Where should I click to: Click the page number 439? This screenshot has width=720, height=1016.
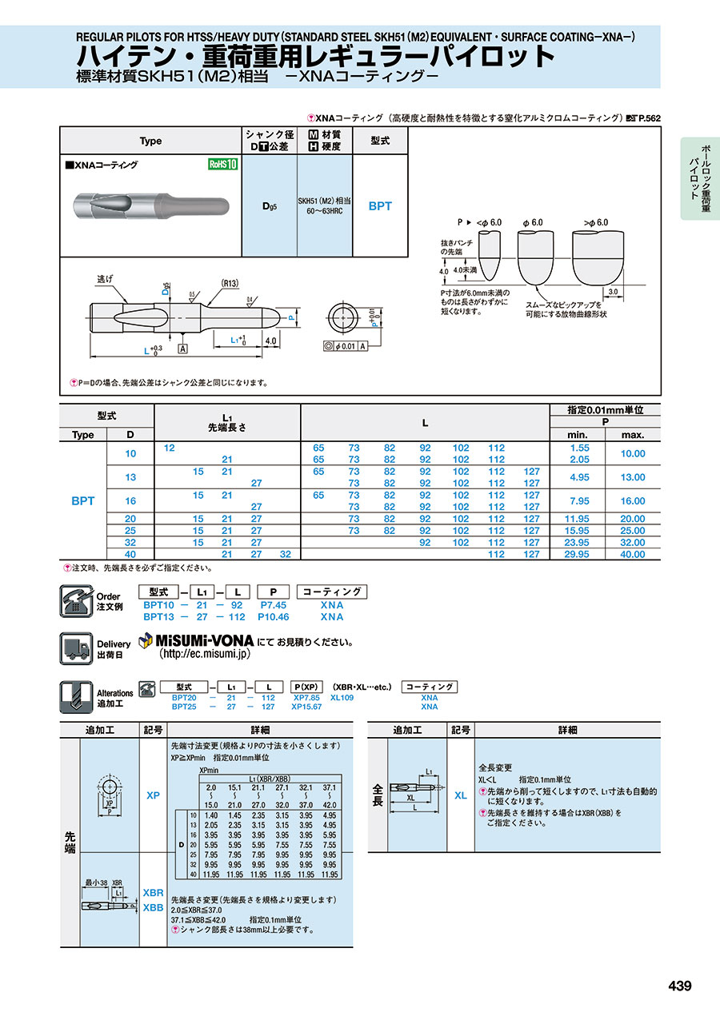coord(679,986)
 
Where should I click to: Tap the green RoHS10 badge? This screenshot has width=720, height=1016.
coord(223,165)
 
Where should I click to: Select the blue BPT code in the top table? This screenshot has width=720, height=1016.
coord(380,205)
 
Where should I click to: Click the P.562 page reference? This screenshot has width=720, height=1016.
coord(649,118)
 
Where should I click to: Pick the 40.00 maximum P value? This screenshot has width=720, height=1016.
coord(633,554)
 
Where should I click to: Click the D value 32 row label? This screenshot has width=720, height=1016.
coord(130,542)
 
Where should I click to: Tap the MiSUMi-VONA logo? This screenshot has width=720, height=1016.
coord(197,641)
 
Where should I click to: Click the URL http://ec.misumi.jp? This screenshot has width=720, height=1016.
coord(205,654)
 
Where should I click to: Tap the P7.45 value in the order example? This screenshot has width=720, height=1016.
coord(273,605)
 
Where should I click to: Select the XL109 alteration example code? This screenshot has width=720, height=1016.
coord(342,697)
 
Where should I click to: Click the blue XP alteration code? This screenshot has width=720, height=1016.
coord(153,795)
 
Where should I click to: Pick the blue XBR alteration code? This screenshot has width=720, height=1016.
coord(153,892)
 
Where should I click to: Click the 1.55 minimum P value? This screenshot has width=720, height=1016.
coord(580,448)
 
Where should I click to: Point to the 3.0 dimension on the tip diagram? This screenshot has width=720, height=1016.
coord(613,293)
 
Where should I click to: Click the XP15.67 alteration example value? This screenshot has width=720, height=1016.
coord(306,707)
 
